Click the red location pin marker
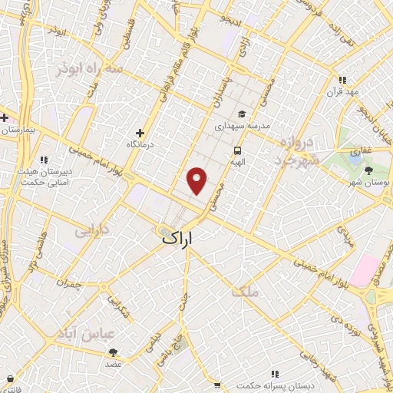point(197,180)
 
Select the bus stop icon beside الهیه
point(238,151)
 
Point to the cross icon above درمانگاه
point(139,131)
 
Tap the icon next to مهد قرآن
point(343,80)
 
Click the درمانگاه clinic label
point(140,144)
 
